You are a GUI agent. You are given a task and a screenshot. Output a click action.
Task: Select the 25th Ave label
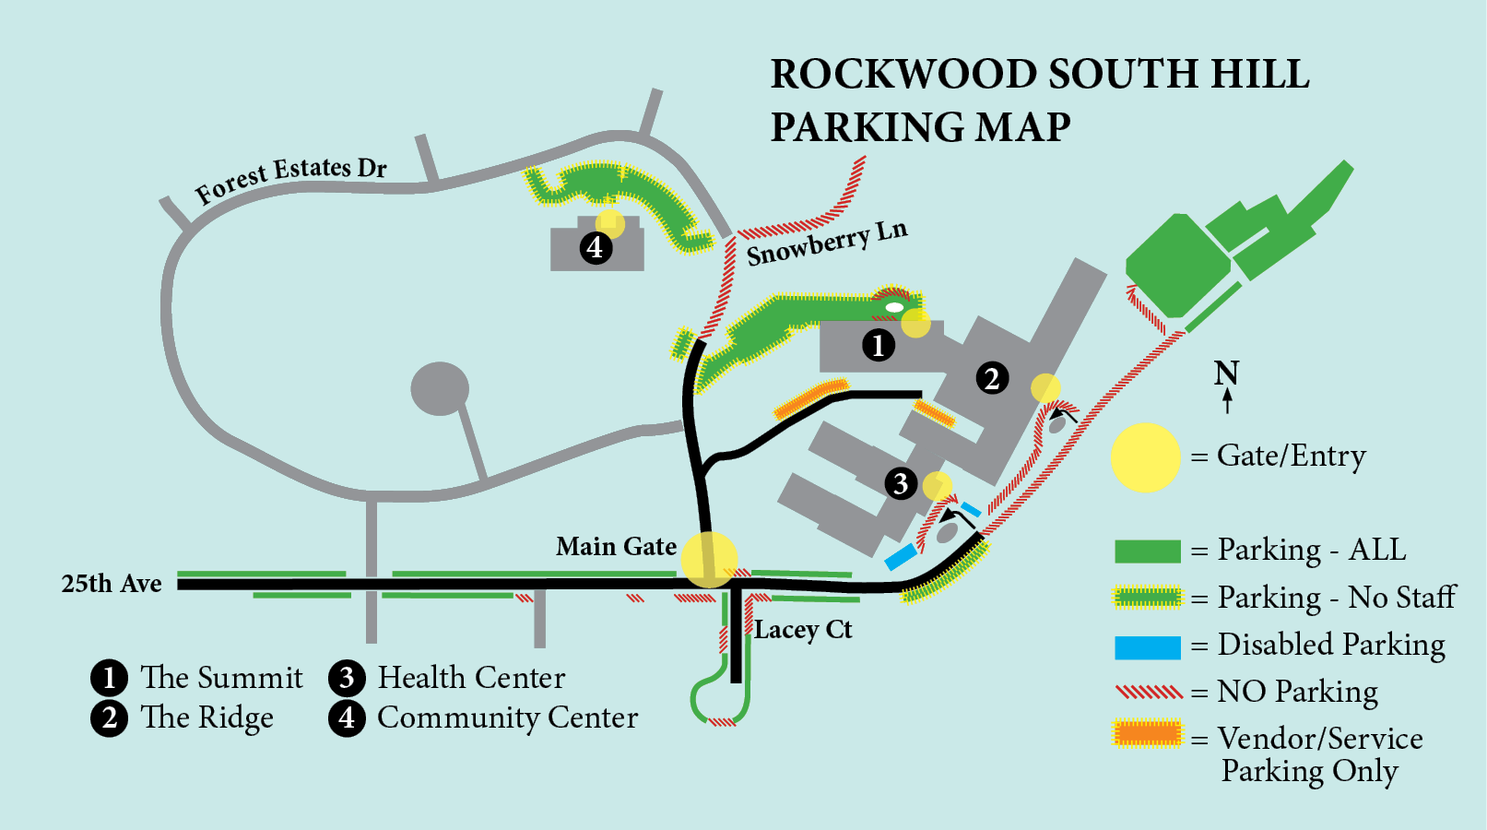[x=112, y=584]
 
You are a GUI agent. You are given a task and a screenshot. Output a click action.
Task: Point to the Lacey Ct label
[x=803, y=630]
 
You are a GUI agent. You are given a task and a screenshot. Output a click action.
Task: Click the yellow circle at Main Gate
[x=709, y=559]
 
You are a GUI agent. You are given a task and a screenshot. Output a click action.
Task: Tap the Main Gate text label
[x=616, y=547]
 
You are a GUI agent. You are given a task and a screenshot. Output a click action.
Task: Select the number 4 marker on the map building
[x=596, y=247]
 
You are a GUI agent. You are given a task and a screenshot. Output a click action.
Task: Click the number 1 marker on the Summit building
[x=878, y=345]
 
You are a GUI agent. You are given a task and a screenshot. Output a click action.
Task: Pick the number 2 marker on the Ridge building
[x=992, y=378]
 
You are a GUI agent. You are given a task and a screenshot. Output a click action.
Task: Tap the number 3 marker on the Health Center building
[x=901, y=483]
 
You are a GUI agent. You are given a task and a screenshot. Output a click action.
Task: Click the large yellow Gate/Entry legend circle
[x=1145, y=457]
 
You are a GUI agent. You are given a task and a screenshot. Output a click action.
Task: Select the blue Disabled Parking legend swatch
[x=1147, y=647]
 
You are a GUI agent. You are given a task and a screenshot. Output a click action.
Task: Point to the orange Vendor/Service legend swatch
[x=1147, y=734]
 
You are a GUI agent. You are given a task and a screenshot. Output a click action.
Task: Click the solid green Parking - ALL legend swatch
[x=1147, y=551]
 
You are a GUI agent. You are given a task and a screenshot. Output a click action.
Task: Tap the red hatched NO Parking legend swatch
[x=1148, y=692]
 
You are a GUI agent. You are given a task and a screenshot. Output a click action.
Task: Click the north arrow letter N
[x=1226, y=373]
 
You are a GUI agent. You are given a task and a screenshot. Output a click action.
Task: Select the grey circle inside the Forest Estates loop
[x=440, y=388]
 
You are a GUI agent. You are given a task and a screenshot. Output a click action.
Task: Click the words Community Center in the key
[x=507, y=717]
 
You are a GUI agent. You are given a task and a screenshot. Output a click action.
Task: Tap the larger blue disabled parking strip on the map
[x=901, y=557]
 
